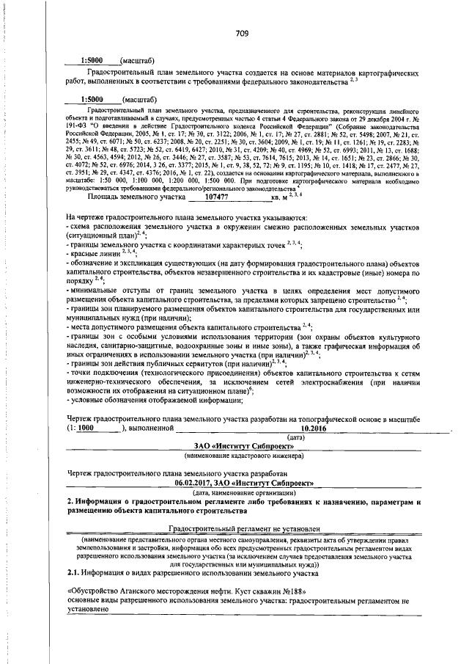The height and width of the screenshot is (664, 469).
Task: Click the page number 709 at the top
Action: click(x=243, y=32)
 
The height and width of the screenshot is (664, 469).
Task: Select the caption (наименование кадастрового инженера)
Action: click(x=243, y=456)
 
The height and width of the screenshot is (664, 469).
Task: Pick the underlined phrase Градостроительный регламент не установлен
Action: click(x=243, y=528)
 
